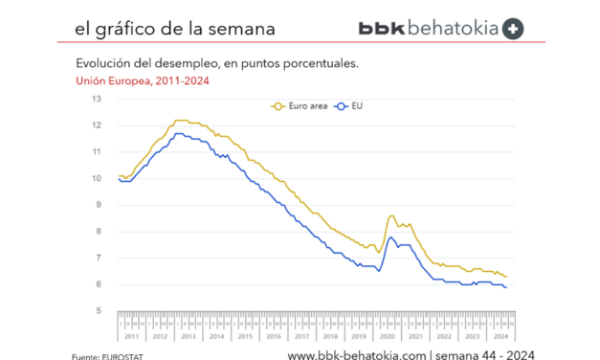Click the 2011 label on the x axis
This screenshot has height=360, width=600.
click(x=132, y=335)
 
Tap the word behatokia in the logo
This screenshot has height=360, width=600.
click(x=452, y=29)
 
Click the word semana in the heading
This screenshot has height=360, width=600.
click(x=241, y=29)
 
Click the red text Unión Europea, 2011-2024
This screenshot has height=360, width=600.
click(x=142, y=80)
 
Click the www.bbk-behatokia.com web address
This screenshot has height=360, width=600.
click(x=356, y=355)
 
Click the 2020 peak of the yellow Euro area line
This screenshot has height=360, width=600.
click(x=392, y=215)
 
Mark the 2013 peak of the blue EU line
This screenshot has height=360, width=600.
click(x=178, y=133)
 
